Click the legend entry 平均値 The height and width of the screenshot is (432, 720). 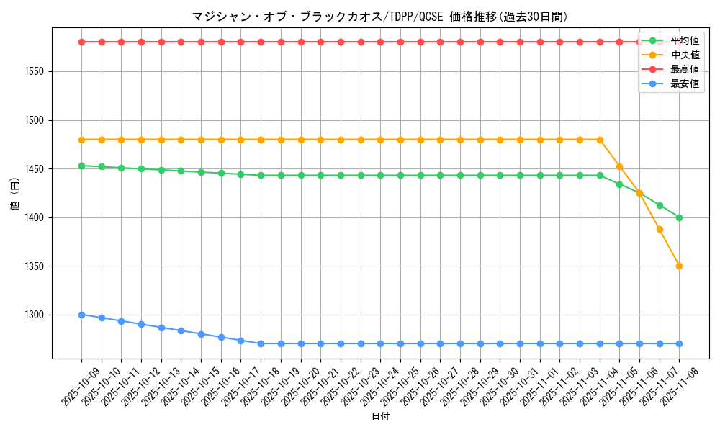(684, 40)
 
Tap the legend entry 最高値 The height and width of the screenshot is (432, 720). (684, 69)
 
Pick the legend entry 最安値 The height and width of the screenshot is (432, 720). (684, 84)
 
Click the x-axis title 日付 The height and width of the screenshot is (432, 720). (380, 417)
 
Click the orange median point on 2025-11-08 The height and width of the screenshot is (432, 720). (679, 266)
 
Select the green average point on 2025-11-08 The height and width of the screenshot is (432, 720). (679, 217)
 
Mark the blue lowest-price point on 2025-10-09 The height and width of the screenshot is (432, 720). (81, 315)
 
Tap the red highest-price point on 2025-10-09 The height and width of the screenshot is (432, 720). (81, 42)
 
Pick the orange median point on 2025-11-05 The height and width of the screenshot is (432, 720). (619, 167)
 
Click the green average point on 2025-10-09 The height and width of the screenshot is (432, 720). (81, 166)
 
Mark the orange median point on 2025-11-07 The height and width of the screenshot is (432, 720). (660, 229)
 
